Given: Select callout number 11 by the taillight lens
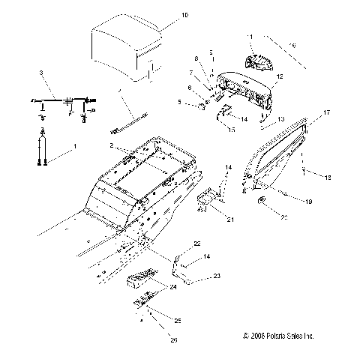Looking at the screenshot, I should click(x=251, y=37).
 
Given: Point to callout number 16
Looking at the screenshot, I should click(x=292, y=46).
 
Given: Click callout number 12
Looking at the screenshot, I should click(x=280, y=77).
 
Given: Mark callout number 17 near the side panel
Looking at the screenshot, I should click(x=326, y=112).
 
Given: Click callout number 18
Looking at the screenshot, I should click(x=327, y=177).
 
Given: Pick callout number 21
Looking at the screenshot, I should click(x=230, y=219).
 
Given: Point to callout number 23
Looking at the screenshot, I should click(x=196, y=277).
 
